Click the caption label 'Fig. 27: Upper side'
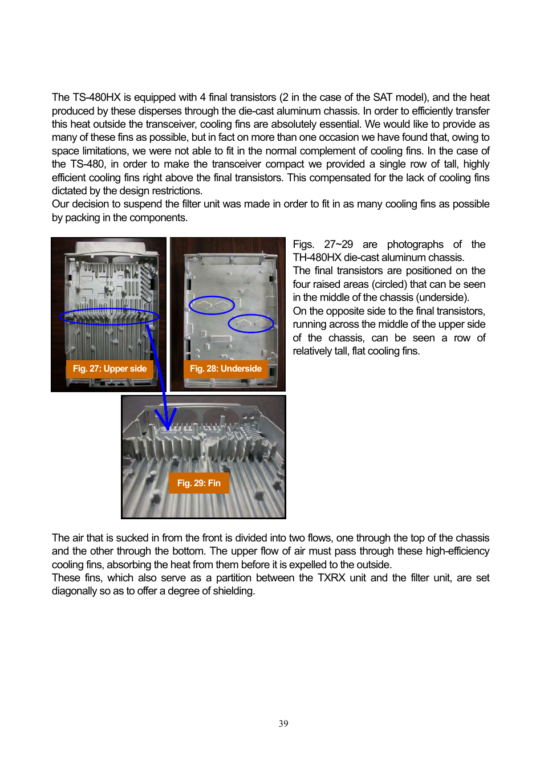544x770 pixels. point(109,369)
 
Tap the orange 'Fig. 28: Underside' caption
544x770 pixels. point(225,369)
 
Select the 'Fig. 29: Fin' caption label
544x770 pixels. point(198,483)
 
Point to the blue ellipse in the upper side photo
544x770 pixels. point(109,317)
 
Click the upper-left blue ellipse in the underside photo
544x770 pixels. point(212,305)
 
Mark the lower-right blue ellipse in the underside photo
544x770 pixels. point(251,324)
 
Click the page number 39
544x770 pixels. point(283,724)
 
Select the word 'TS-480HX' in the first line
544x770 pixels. point(97,97)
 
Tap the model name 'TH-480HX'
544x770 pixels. point(317,258)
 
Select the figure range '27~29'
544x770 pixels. point(338,245)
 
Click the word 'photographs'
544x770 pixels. point(415,245)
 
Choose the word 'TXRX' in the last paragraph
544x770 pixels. point(331,578)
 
